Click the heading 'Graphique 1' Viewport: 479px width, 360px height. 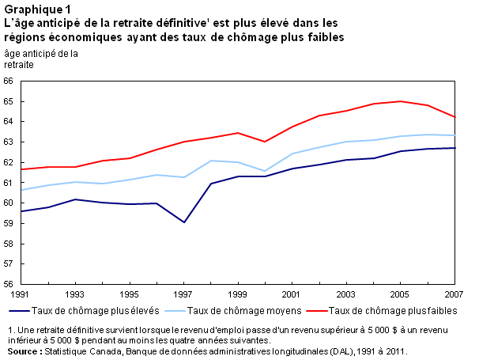(35, 9)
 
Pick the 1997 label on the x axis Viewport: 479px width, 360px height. (183, 294)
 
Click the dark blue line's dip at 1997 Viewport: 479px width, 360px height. (183, 222)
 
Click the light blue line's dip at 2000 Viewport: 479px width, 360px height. (265, 170)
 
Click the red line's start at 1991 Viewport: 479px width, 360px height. (21, 169)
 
